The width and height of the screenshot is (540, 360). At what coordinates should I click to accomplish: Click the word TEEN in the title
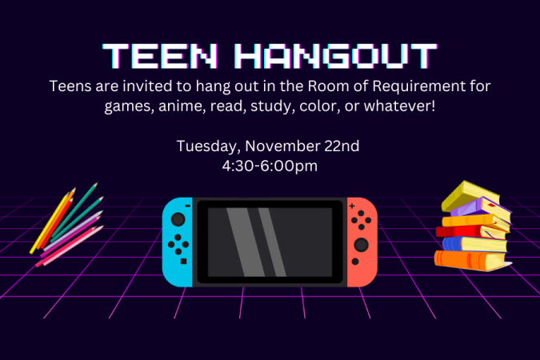(x=160, y=55)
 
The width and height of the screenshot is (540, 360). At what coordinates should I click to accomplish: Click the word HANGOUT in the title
(x=336, y=55)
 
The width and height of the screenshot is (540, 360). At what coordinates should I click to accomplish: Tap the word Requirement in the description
(x=418, y=86)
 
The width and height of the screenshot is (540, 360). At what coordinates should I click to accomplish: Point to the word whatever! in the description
(x=399, y=106)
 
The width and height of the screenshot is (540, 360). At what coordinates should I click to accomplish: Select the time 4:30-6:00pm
(x=270, y=166)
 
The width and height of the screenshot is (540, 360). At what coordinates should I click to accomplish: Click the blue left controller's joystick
(x=178, y=219)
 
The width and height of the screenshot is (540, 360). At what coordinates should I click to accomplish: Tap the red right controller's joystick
(x=361, y=245)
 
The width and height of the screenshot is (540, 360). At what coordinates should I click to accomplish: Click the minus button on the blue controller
(x=188, y=206)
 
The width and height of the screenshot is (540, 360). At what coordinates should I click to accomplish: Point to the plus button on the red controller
(x=352, y=206)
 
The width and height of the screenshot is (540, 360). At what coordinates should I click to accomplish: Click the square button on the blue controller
(x=183, y=262)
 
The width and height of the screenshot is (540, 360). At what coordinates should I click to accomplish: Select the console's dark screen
(x=270, y=242)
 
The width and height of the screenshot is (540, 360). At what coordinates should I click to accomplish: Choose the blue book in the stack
(x=474, y=245)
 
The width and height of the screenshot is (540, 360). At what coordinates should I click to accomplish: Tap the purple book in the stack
(x=482, y=209)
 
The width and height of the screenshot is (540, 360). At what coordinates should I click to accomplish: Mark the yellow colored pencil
(x=50, y=223)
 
